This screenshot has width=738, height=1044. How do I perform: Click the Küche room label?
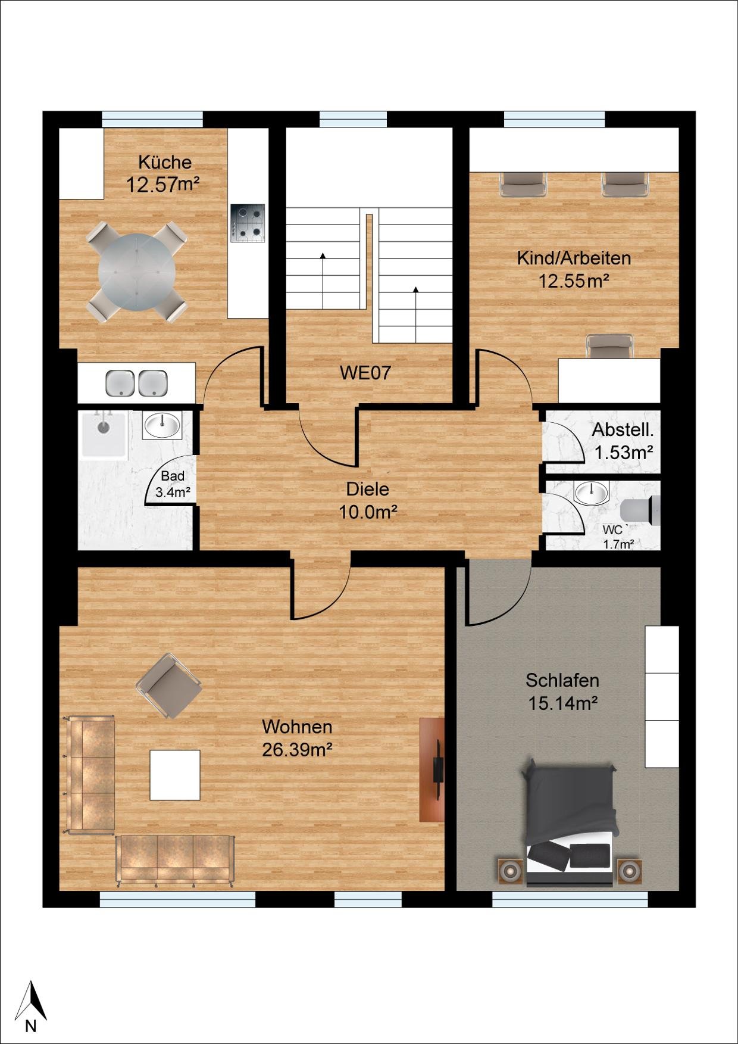point(165,162)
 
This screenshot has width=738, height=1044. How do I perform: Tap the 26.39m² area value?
point(297,750)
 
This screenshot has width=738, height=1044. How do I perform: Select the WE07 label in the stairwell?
point(365,373)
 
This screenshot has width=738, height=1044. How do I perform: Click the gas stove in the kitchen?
point(248,223)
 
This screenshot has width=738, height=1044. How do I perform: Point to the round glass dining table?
point(137,271)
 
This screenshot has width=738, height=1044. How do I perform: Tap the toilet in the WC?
point(640,510)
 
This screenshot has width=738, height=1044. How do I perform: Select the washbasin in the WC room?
point(592,493)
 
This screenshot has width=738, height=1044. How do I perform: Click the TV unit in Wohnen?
point(432,769)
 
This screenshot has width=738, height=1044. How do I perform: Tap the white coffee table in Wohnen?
point(175,775)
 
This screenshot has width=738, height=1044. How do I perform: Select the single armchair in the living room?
point(169,686)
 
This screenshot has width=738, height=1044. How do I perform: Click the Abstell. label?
point(623,429)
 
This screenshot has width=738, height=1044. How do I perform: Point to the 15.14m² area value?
point(563,703)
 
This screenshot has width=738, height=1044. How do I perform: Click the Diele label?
point(368,489)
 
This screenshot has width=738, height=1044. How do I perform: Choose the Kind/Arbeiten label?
point(574,258)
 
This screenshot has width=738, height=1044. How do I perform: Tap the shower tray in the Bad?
point(104,434)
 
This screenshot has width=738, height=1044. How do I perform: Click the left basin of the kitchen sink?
point(120,383)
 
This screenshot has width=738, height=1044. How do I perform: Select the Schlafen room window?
point(570,899)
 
